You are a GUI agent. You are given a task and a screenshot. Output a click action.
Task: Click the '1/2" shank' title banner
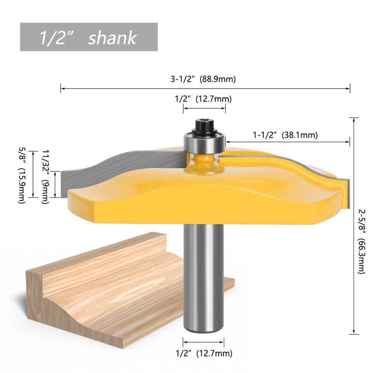89,37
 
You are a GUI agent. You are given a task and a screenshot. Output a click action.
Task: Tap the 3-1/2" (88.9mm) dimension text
203,79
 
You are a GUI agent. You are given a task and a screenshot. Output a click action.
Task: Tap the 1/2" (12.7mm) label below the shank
204,353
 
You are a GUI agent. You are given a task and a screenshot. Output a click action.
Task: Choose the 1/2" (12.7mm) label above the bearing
203,99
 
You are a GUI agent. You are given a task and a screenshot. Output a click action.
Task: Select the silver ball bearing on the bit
204,143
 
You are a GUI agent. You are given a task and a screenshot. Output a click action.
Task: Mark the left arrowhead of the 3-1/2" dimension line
61,89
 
